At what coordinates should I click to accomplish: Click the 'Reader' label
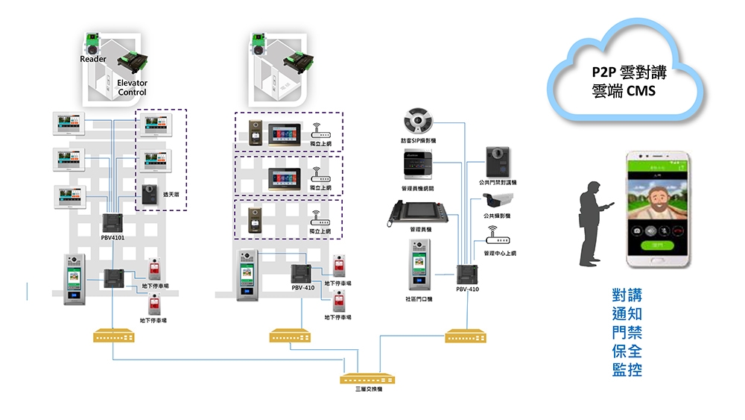tap(93, 59)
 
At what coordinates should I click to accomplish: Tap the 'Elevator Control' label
tap(132, 87)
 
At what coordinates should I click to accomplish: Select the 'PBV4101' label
tap(113, 237)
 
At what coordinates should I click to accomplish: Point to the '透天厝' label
tap(171, 194)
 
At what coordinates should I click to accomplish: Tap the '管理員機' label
tap(421, 229)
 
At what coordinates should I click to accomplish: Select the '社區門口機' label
tap(419, 298)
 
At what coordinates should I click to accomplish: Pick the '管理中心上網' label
tap(499, 253)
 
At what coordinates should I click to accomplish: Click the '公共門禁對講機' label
tap(498, 182)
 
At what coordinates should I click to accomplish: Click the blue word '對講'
tap(627, 295)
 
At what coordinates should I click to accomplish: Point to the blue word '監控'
tap(627, 369)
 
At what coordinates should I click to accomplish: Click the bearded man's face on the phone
tap(659, 197)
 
